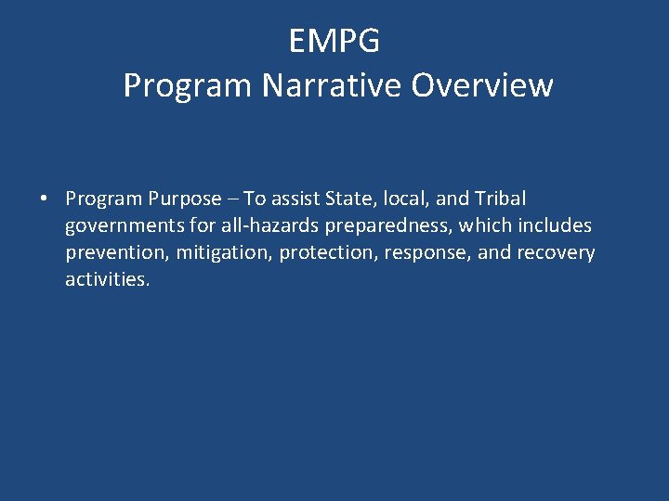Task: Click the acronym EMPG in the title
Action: pos(334,42)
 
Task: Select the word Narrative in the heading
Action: pos(334,85)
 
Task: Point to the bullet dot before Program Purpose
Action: pos(44,199)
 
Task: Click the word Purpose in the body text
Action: pos(184,199)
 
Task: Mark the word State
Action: pos(348,199)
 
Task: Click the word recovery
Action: pos(557,252)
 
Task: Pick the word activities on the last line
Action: pos(107,279)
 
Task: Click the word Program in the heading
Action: pos(189,85)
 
